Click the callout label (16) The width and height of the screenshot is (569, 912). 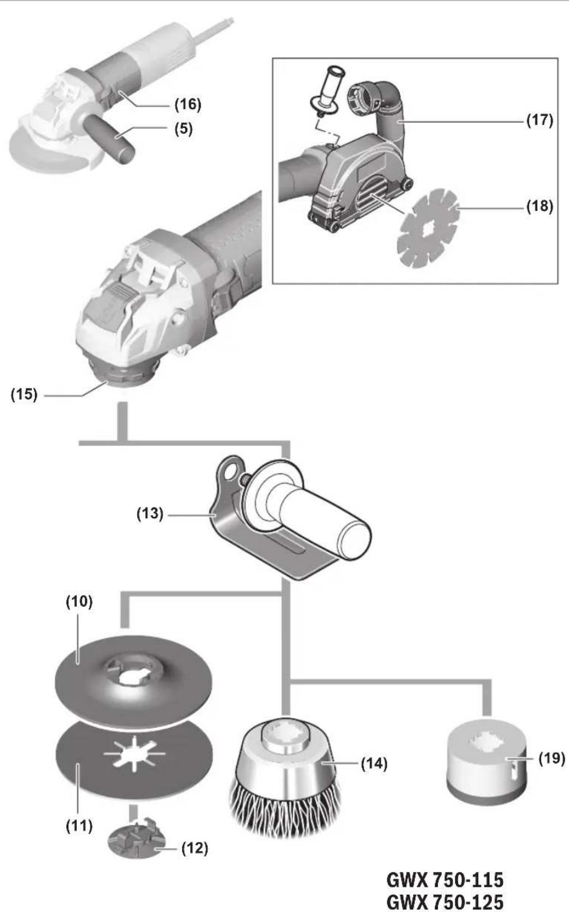188,104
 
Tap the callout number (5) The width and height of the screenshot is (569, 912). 183,129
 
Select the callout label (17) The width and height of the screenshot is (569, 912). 540,120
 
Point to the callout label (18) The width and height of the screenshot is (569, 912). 540,206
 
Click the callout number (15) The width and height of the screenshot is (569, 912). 24,394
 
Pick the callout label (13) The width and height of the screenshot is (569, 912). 150,513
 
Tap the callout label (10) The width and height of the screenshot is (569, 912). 79,601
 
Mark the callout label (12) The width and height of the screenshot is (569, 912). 195,848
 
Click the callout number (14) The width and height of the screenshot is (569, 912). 374,764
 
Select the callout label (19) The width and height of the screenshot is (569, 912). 552,758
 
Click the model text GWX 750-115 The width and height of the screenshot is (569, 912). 445,880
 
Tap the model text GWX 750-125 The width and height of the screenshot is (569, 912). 445,901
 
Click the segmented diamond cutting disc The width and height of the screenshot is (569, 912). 428,229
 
